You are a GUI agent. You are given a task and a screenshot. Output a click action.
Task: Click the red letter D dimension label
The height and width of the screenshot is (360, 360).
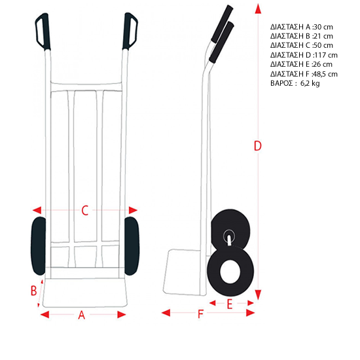coord(258,145)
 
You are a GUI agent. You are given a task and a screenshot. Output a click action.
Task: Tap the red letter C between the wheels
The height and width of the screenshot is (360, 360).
coord(85,210)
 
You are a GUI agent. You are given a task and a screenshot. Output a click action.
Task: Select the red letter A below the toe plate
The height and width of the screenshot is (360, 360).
coord(82,315)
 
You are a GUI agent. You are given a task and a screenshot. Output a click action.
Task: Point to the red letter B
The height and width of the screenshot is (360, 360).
coord(34,291)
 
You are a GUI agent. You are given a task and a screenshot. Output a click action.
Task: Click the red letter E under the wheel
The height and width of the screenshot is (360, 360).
coord(230,304)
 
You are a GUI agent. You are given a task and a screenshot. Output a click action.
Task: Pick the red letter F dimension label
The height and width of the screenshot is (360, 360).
coord(201,314)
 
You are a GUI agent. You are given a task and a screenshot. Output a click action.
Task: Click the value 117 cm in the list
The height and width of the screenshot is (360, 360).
coord(326,55)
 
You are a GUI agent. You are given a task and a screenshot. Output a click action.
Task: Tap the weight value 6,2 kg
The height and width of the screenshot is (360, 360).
coord(310,83)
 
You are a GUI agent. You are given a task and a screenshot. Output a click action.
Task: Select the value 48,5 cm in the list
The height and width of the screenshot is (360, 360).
coord(325,74)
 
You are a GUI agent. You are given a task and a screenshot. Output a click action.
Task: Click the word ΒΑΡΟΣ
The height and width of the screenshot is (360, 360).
coord(281,83)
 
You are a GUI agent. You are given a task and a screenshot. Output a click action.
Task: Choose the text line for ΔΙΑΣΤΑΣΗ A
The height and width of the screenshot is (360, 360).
coord(302,27)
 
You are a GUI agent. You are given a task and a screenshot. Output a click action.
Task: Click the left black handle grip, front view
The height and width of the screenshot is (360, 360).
coord(43,31)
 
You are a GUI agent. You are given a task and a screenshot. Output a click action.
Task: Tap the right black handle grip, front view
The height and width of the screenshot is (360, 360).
coord(130,31)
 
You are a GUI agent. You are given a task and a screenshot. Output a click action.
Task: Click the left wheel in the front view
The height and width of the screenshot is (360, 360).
coord(39,246)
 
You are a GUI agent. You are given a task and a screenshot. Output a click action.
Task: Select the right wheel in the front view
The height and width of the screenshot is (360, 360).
coord(132,246)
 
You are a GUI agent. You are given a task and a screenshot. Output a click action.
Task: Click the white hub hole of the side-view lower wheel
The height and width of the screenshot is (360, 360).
coord(230,272)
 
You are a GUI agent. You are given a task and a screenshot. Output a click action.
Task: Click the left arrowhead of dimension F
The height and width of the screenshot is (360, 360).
coord(166,313)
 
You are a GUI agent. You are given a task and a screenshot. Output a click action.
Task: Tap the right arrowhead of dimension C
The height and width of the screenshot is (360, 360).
coord(133,210)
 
